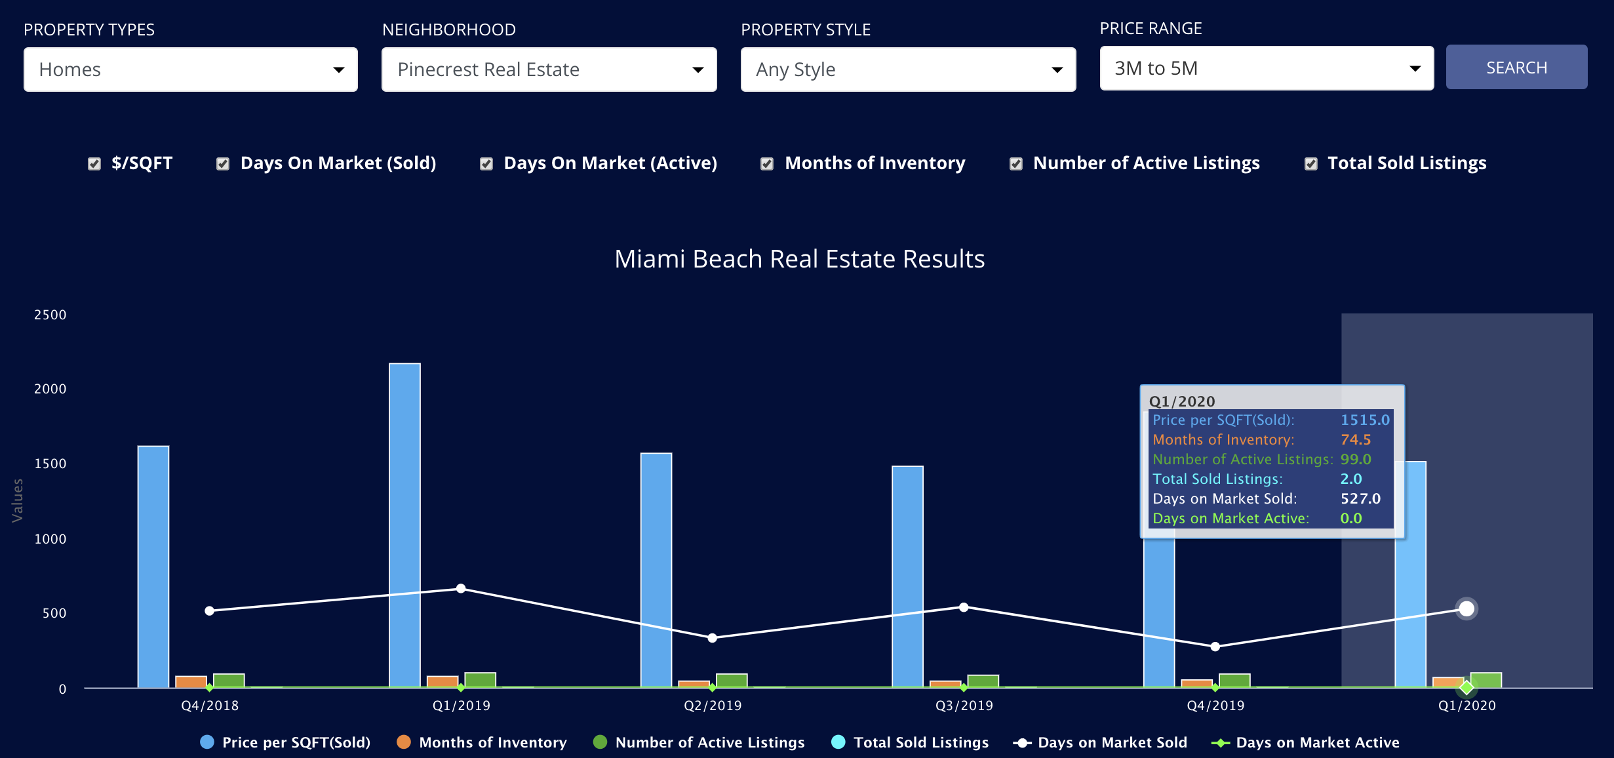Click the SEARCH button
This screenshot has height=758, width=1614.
click(x=1516, y=68)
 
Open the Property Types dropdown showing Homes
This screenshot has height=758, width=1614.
click(x=190, y=70)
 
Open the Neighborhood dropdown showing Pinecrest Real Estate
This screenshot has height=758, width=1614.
click(x=549, y=70)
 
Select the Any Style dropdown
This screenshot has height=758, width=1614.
click(x=907, y=70)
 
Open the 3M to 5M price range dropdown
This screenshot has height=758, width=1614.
click(x=1266, y=68)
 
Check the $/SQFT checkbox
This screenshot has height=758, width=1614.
click(x=94, y=164)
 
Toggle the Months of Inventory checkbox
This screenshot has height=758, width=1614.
click(x=766, y=164)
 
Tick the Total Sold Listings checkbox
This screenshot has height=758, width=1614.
click(x=1310, y=164)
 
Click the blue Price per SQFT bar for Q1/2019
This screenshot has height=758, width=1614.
click(x=404, y=525)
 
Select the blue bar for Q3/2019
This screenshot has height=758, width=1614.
click(x=907, y=577)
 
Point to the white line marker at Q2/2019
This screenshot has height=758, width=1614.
click(x=712, y=638)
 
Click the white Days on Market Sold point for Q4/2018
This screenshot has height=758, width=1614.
click(x=209, y=610)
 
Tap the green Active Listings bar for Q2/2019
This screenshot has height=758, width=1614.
click(x=732, y=681)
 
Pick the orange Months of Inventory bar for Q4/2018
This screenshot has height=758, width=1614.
click(x=191, y=682)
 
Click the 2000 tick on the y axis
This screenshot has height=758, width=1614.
click(x=50, y=389)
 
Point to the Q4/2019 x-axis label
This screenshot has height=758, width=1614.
click(x=1215, y=706)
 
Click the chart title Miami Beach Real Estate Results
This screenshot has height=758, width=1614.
click(x=799, y=259)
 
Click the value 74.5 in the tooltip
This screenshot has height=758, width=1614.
click(x=1355, y=439)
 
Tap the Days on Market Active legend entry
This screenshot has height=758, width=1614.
click(x=1305, y=742)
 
